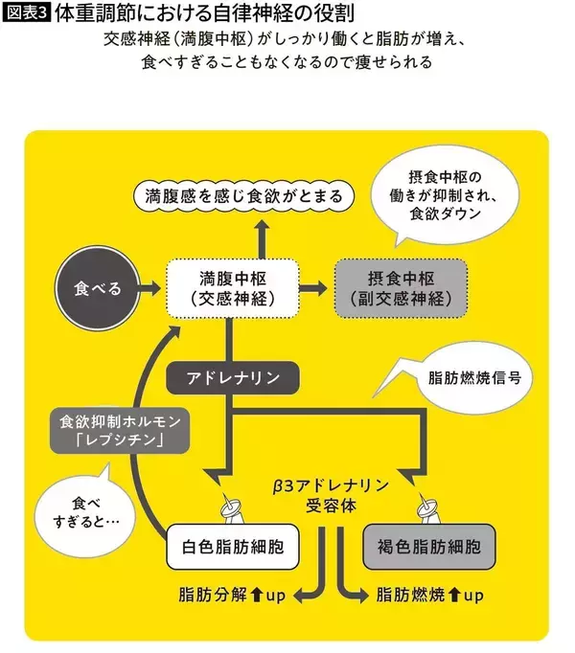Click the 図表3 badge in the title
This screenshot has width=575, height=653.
pos(24,15)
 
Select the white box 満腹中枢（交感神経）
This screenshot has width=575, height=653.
pos(231,288)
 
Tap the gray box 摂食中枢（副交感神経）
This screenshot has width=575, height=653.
pos(401,288)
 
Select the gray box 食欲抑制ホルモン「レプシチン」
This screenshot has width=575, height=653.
pos(112,430)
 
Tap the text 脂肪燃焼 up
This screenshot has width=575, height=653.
pos(430,596)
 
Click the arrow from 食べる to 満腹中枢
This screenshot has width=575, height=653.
pos(149,288)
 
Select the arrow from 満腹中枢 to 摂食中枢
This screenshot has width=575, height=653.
pos(312,288)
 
